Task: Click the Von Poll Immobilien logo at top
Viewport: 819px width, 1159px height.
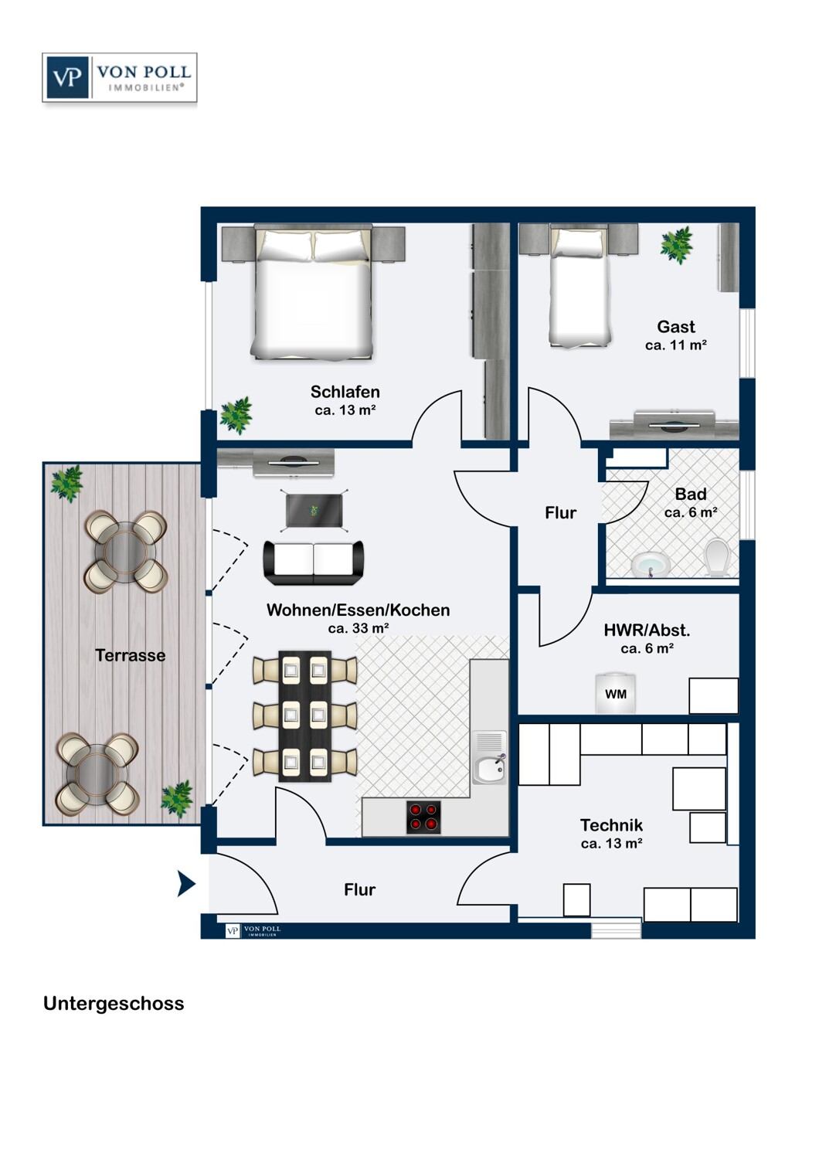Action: tap(120, 77)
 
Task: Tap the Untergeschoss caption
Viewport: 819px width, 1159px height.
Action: tap(114, 1003)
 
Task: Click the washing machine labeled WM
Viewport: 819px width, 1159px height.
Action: tap(615, 694)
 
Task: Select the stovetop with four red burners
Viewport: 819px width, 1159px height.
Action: tap(423, 817)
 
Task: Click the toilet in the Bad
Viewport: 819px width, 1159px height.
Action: tap(717, 558)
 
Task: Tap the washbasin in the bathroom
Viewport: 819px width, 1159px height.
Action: tap(651, 565)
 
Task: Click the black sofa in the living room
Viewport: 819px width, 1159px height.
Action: tap(314, 563)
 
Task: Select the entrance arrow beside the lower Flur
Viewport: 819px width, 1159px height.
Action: tap(186, 882)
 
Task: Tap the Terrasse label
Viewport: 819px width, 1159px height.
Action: tap(131, 655)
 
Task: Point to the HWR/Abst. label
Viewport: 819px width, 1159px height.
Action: tap(647, 630)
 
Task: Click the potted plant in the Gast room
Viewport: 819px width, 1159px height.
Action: tap(677, 245)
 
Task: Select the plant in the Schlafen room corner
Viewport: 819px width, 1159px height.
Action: tap(236, 415)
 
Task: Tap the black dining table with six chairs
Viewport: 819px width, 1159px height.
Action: tap(304, 716)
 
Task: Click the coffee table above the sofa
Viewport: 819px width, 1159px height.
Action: tap(314, 511)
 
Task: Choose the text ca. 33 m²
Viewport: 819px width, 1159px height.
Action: tap(358, 628)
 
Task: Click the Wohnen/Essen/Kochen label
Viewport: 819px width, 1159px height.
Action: tap(358, 610)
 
